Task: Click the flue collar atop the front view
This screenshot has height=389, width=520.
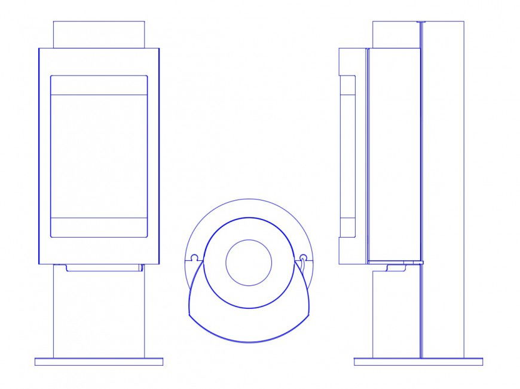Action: click(99, 35)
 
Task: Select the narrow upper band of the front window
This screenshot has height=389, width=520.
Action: click(99, 85)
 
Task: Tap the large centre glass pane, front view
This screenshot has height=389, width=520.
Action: click(99, 156)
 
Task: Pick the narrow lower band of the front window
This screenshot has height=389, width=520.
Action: click(99, 227)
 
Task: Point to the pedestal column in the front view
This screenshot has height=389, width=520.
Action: click(99, 311)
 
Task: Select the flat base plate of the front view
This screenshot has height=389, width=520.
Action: click(99, 361)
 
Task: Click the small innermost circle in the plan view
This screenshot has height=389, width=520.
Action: click(249, 263)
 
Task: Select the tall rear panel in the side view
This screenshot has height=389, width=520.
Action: click(443, 180)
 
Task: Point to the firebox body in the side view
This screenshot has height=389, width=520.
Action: click(394, 156)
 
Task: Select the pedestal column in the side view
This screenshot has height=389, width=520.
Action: click(396, 314)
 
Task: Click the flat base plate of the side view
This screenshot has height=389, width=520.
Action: click(418, 361)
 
